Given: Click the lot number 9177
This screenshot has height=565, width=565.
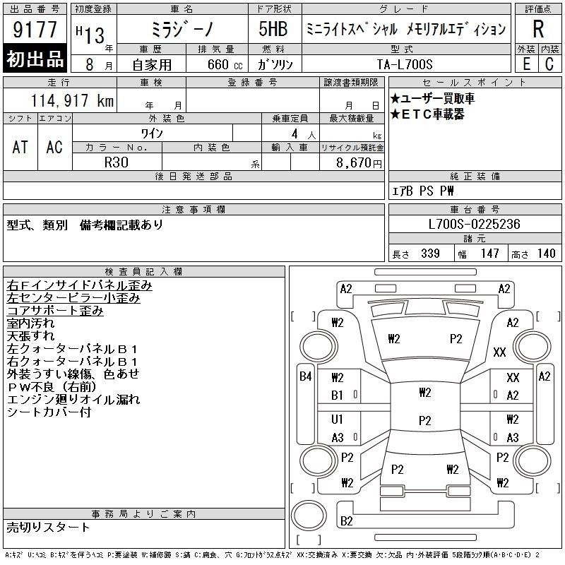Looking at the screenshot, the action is tap(35, 30).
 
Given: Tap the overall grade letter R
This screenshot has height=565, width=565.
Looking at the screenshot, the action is tap(538, 29).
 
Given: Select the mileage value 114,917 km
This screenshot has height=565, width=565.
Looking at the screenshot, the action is tap(72, 100).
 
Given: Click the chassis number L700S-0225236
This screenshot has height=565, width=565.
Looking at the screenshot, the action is tap(474, 224).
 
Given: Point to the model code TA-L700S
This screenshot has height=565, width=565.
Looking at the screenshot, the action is tap(404, 64).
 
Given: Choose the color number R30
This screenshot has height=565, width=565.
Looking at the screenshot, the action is tap(117, 162).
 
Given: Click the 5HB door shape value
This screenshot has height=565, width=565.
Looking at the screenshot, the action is tap(273, 29).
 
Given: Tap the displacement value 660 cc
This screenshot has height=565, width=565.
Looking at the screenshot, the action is tap(225, 64).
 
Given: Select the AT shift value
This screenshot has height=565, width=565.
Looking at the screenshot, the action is tap(20, 147).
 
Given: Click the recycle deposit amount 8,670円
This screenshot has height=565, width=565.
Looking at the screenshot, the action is tap(359, 163).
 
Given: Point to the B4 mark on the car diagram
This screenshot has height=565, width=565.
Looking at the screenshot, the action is tap(306, 376).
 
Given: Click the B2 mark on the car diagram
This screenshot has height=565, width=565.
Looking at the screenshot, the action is tap(346, 521).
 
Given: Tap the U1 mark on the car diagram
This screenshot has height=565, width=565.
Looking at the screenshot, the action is tap(337, 419).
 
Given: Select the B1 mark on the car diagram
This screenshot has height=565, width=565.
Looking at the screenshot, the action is tap(337, 395).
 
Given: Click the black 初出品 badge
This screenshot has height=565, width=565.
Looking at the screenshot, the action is tap(35, 58).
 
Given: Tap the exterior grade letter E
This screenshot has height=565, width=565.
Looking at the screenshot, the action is tap(526, 64).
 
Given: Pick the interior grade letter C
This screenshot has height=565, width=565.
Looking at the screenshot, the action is tap(549, 64).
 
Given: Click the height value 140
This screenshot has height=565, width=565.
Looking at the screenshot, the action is tap(546, 254).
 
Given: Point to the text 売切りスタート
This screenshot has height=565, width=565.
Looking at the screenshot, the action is tap(48, 528).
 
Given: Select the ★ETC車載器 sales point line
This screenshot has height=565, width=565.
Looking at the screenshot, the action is tap(427, 114).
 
